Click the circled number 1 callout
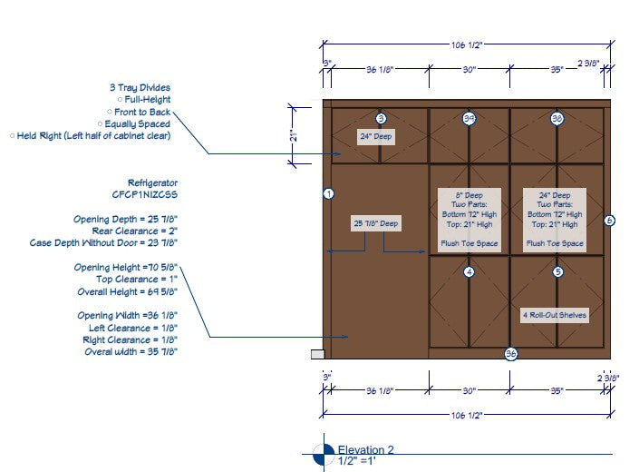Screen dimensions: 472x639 pos(329,193)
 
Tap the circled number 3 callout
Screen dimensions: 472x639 pos(381,118)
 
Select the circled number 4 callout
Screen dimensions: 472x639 pos(469,271)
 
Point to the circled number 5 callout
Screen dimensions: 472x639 pos(557,271)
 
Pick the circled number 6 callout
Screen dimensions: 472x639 pos(609,220)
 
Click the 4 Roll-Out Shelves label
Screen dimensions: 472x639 pos(555,315)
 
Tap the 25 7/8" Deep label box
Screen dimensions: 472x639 pos(375,222)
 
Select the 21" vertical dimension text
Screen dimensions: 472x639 pos(294,135)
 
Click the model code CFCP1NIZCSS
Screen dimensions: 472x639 pos(145,194)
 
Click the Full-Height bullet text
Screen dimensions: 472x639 pos(147,100)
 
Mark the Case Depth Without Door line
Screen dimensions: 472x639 pos(103,243)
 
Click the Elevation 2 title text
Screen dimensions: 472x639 pos(366,449)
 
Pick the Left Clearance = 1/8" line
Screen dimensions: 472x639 pos(132,327)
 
